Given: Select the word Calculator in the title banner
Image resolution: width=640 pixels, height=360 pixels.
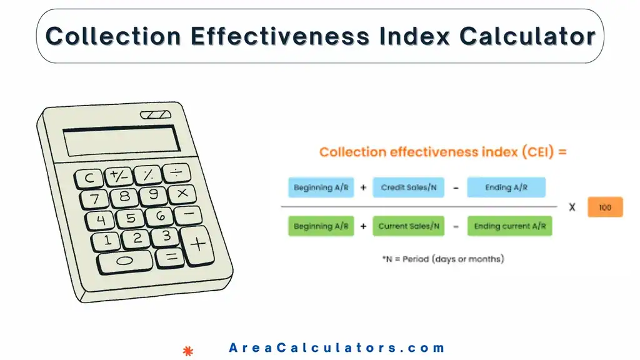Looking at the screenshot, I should coord(527,36).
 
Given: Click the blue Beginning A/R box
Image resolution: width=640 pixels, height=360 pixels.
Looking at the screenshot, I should coord(321,187).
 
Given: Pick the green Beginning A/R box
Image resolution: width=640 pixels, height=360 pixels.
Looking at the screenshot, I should coord(321,226).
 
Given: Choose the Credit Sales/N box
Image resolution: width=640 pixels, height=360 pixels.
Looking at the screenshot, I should coord(409,187).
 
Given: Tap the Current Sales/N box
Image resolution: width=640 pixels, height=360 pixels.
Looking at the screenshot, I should coord(409,226).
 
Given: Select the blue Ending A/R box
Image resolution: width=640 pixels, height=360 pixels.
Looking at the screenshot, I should coord(506,187).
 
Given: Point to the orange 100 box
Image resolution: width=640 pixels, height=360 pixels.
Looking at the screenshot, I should coord(605,207).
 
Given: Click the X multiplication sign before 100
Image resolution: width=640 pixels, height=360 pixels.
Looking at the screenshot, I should coord(571,207).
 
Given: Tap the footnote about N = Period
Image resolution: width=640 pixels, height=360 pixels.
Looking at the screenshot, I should coord(442,258).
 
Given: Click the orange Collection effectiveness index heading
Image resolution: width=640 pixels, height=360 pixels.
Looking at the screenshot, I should coord(442,152).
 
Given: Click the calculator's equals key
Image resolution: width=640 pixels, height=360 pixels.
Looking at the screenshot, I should coord(169,256).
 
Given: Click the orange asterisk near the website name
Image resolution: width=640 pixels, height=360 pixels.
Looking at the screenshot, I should coord(187,350).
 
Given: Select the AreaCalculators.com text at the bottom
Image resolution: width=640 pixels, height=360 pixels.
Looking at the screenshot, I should coord(337,348).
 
